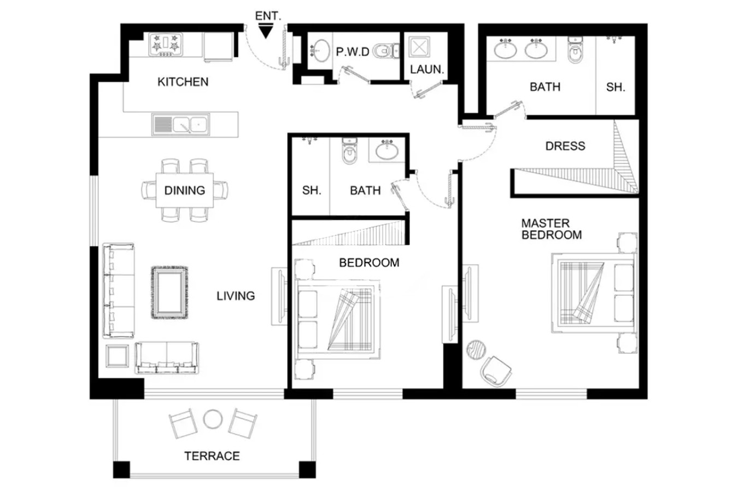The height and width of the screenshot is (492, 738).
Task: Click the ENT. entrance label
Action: [x=268, y=16]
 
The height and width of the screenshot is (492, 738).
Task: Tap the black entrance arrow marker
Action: [x=266, y=32]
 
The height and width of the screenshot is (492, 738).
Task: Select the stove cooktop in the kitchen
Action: [x=166, y=44]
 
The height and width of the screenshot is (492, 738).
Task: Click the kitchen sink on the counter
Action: [x=180, y=124]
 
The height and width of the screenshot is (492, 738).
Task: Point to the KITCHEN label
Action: [x=183, y=81]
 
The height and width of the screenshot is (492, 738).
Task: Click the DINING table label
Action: [x=185, y=190]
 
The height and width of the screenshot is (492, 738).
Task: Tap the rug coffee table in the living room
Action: [x=169, y=292]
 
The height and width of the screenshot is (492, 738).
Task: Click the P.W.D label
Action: [x=353, y=52]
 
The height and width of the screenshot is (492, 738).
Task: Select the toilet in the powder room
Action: [x=386, y=51]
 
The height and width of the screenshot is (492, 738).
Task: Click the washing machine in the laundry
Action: [x=419, y=47]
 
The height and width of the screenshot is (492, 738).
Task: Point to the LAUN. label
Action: [x=427, y=69]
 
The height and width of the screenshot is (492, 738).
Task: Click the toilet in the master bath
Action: [x=575, y=49]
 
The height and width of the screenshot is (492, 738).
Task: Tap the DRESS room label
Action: [x=565, y=146]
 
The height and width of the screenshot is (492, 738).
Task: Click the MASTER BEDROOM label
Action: [x=551, y=229]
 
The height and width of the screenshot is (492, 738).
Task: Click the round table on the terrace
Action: [x=213, y=419]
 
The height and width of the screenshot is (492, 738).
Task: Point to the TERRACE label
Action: [x=212, y=456]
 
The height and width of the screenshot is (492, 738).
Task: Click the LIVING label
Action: [x=236, y=296]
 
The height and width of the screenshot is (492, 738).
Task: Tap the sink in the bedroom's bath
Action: [x=387, y=150]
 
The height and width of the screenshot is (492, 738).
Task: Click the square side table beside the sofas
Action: [x=118, y=356]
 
